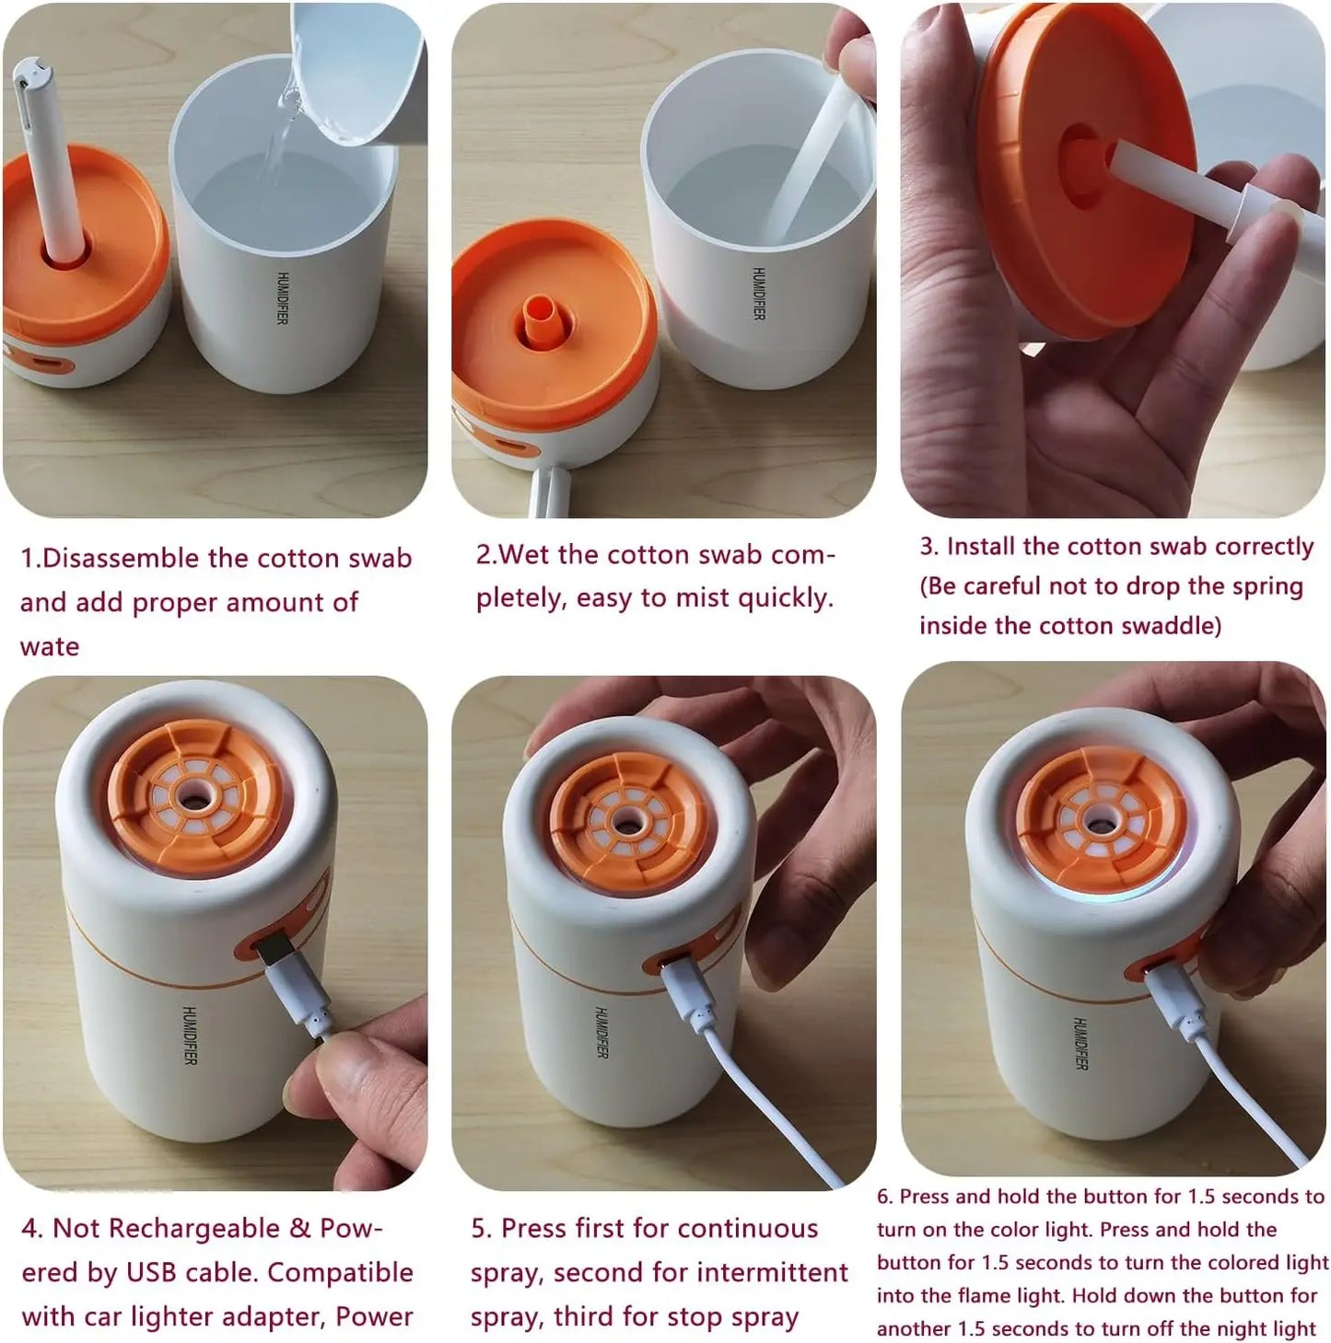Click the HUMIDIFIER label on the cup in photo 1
(x=282, y=297)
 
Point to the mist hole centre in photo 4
(x=193, y=798)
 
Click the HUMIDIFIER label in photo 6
(x=1080, y=1044)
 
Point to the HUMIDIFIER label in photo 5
(x=601, y=1033)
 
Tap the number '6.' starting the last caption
(x=884, y=1197)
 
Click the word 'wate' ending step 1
(x=50, y=647)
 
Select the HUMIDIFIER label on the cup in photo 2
(x=758, y=294)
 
